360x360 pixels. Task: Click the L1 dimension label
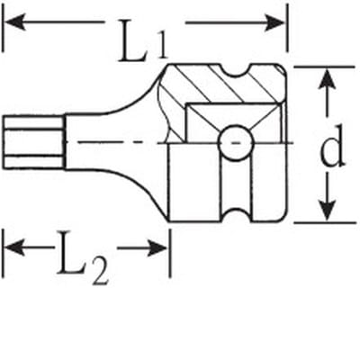coord(142,40)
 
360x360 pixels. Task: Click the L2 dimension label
coord(82,257)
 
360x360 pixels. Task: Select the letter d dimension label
coord(332,146)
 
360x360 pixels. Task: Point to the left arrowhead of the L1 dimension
coord(15,22)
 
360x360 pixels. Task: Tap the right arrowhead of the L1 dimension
coord(274,23)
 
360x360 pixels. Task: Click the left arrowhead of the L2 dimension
coord(14,248)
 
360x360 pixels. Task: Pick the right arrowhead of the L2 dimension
coord(157,248)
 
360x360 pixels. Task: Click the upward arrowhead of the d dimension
coord(327,78)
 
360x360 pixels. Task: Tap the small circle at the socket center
coord(235,143)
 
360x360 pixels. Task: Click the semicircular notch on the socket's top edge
coord(236,71)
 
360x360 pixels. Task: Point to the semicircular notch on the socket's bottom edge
coord(236,214)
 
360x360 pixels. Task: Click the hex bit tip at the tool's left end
coord(34,142)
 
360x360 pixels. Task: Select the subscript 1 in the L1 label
coord(162,46)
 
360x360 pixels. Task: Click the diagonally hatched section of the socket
coord(222,87)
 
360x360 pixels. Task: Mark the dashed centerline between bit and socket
coord(120,142)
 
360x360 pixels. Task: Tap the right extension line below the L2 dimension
coord(170,253)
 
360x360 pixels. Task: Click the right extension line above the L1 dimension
coord(287,28)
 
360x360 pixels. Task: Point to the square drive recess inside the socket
coord(233,122)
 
